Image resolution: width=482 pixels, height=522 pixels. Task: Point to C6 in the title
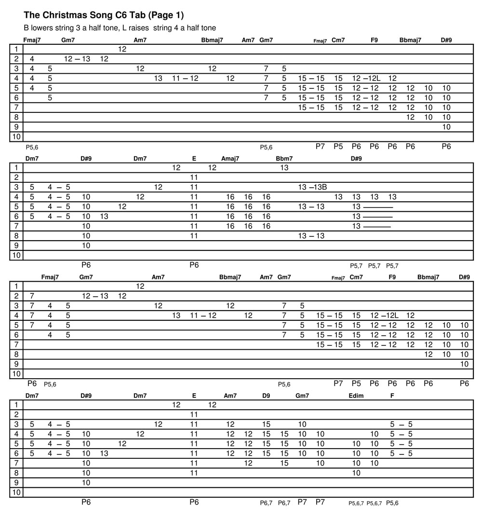point(115,15)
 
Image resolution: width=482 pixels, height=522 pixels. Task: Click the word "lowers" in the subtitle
point(42,28)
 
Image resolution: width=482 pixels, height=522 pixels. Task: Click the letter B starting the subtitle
point(26,28)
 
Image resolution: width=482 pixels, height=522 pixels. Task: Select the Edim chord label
point(356,396)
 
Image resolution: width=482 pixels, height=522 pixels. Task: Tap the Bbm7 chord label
point(284,159)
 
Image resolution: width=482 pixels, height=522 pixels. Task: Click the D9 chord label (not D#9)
point(266,396)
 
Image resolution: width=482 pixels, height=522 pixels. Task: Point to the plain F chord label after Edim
point(392,396)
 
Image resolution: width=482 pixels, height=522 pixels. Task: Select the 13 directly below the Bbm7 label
point(284,168)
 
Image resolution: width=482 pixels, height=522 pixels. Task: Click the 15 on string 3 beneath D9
point(266,425)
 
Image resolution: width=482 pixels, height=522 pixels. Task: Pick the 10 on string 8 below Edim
point(356,473)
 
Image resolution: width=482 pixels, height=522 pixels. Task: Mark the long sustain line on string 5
point(378,207)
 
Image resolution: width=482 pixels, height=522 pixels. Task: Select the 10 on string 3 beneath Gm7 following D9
point(302,425)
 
